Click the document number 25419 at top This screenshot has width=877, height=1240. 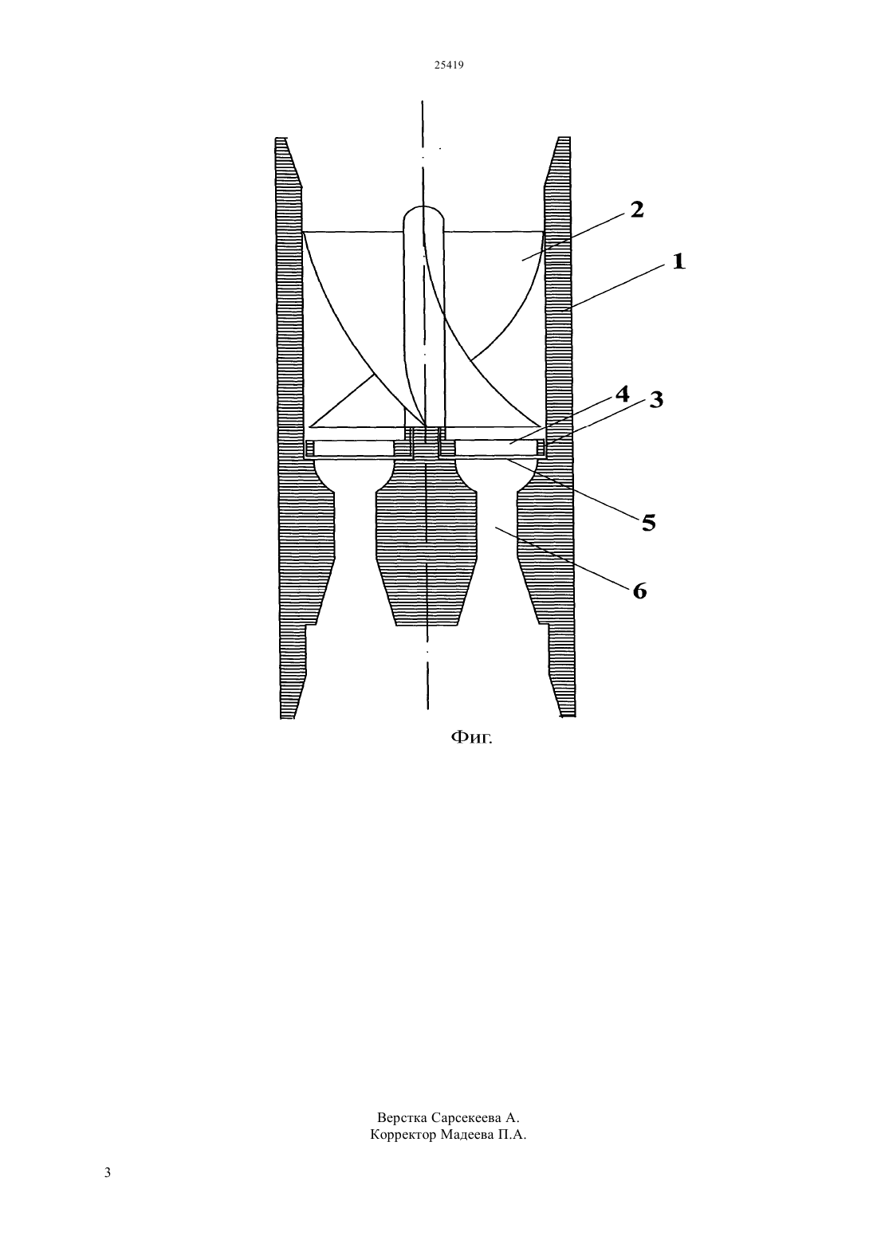[448, 65]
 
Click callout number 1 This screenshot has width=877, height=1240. [678, 261]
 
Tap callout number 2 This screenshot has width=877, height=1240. [637, 210]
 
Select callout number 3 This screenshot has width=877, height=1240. [656, 400]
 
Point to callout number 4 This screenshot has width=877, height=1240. [623, 394]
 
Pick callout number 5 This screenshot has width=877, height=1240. [648, 522]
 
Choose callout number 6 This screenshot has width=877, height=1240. [639, 591]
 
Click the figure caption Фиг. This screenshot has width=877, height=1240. [471, 737]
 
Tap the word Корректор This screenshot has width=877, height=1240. [403, 1135]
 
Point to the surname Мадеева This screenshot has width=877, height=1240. [466, 1135]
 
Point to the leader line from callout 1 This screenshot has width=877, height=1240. [613, 288]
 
